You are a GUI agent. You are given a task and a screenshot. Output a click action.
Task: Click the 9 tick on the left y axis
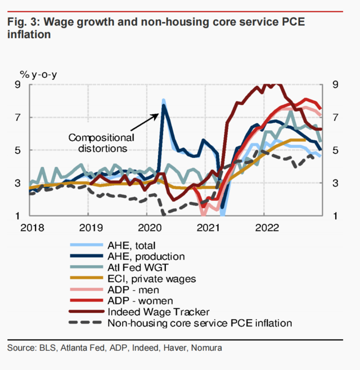pos(17,85)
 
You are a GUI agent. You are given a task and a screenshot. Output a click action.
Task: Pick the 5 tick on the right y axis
pos(335,150)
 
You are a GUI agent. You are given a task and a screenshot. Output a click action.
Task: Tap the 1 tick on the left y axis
pos(17,216)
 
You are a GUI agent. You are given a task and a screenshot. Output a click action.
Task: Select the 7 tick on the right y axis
pos(335,118)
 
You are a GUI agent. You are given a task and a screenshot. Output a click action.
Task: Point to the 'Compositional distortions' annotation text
pos(101,143)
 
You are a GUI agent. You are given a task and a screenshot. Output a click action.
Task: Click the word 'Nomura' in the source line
pos(206,348)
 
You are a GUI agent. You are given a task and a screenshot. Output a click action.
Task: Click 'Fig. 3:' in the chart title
pos(23,22)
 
